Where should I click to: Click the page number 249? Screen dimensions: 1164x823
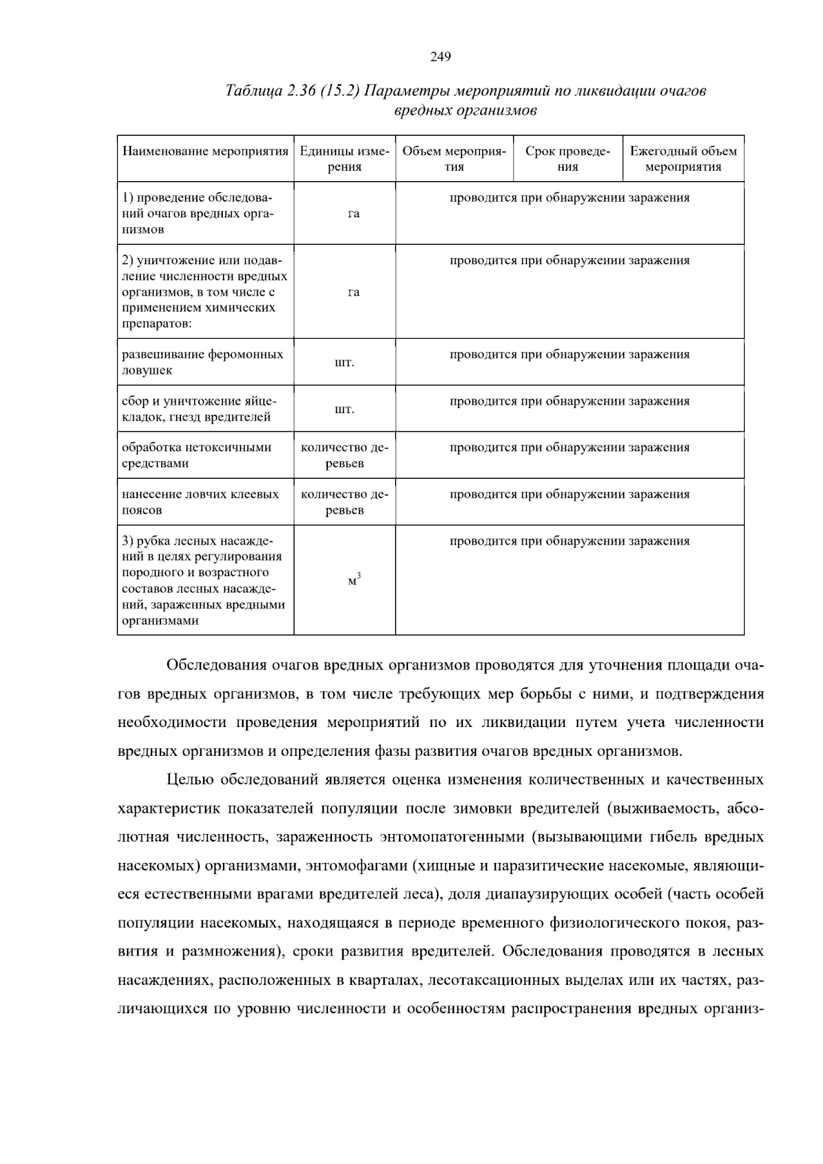(x=440, y=57)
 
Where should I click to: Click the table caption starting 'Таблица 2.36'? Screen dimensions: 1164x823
(x=466, y=100)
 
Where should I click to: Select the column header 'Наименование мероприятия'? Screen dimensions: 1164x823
(x=205, y=151)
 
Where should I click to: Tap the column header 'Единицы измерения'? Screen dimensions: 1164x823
(x=344, y=158)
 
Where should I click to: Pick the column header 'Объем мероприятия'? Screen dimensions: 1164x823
(x=454, y=158)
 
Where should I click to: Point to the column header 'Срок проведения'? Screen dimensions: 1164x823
(x=567, y=158)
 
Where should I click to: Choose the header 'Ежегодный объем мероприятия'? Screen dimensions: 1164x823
(x=683, y=158)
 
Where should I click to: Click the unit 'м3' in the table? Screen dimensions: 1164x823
(x=354, y=580)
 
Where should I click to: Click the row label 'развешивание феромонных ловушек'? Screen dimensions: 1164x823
(x=202, y=362)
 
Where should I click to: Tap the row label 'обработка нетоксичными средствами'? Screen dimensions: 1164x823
(x=197, y=455)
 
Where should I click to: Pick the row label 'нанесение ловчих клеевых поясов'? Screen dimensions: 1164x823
(x=200, y=502)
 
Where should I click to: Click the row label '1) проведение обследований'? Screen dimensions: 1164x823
(x=198, y=213)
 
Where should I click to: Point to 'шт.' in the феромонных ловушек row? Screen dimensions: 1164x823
(x=344, y=362)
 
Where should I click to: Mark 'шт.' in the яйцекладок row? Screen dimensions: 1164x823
(x=344, y=409)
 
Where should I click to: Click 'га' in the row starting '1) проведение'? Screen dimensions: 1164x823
(x=353, y=214)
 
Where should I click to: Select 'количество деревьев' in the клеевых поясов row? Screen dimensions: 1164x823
(x=344, y=502)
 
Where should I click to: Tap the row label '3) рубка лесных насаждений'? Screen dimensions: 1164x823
(x=203, y=580)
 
